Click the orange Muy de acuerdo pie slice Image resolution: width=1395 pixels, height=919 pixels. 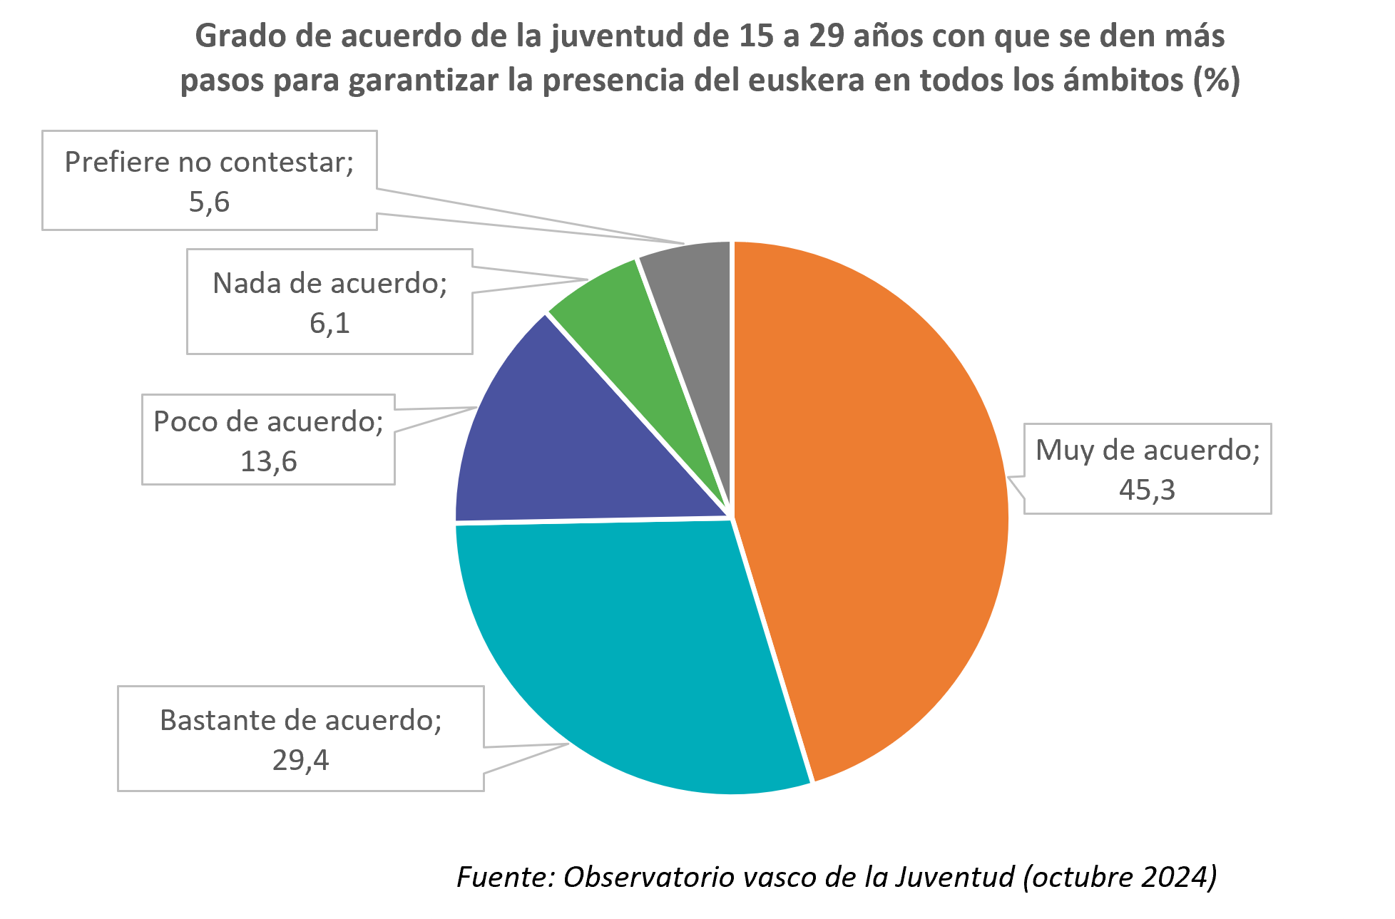click(x=870, y=499)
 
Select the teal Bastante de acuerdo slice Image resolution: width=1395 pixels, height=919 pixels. click(x=628, y=656)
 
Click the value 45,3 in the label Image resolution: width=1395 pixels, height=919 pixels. click(x=1147, y=490)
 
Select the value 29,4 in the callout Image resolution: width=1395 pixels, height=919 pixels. click(x=300, y=761)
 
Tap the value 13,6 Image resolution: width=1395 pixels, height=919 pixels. click(x=268, y=462)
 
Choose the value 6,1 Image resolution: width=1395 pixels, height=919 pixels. click(x=329, y=324)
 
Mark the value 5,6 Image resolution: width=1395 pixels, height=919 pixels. click(x=209, y=202)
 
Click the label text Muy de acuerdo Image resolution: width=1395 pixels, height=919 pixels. click(x=1147, y=451)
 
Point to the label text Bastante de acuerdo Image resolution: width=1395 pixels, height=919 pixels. click(x=300, y=721)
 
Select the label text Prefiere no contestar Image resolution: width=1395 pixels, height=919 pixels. click(x=208, y=163)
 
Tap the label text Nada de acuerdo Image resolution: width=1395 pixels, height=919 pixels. click(x=329, y=284)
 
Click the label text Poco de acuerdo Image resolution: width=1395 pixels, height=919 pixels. click(x=267, y=422)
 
